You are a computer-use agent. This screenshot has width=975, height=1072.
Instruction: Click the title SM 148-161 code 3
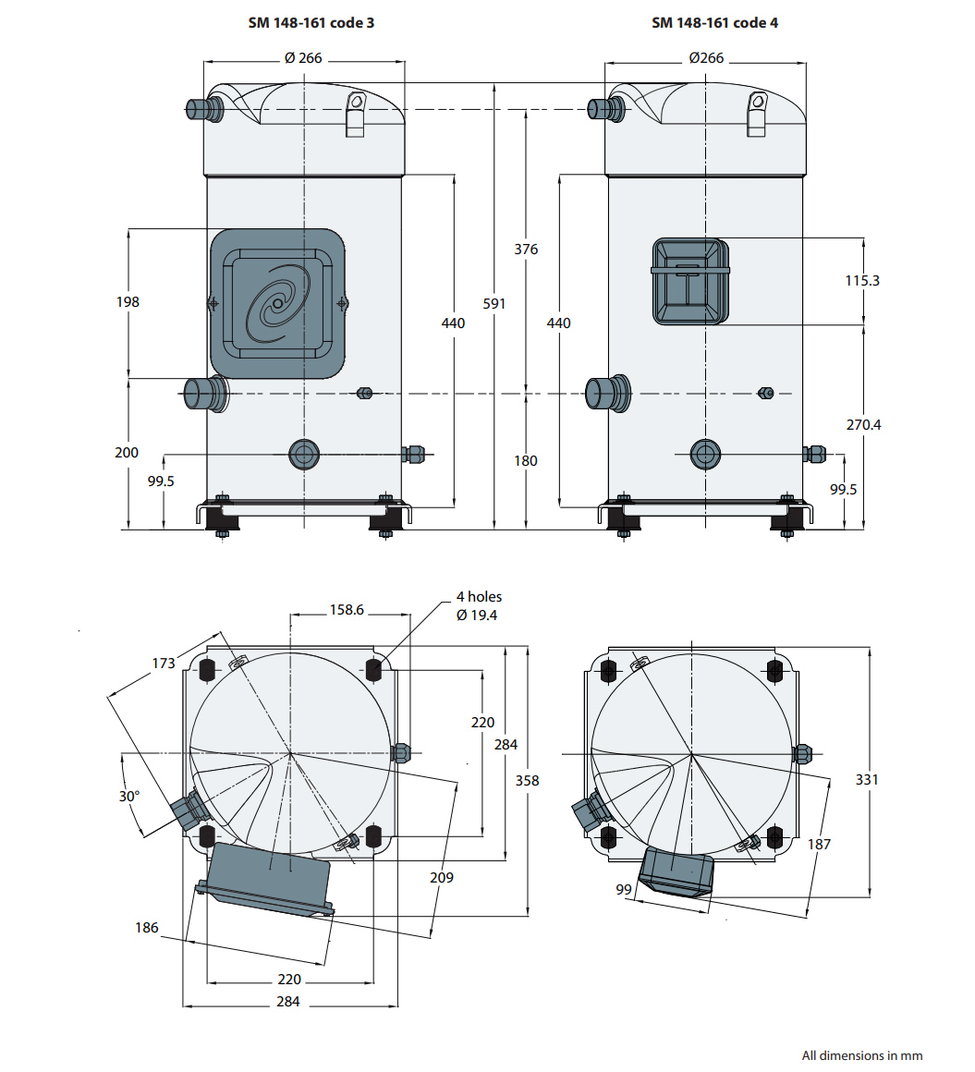(x=311, y=22)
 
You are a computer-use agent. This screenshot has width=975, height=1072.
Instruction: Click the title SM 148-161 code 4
(x=714, y=22)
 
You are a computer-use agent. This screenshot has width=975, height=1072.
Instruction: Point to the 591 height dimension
(x=494, y=303)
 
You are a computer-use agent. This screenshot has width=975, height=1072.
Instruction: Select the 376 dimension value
(x=526, y=250)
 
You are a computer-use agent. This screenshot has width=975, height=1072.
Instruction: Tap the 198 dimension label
(x=128, y=301)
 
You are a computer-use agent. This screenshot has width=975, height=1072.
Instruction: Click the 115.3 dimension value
(x=862, y=280)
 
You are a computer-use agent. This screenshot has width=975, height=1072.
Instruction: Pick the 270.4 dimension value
(x=863, y=424)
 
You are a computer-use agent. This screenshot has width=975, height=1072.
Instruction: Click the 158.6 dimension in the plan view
(x=347, y=609)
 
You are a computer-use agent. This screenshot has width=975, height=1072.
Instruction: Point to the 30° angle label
(x=129, y=796)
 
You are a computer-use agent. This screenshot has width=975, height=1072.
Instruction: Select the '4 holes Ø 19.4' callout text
(x=479, y=605)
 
